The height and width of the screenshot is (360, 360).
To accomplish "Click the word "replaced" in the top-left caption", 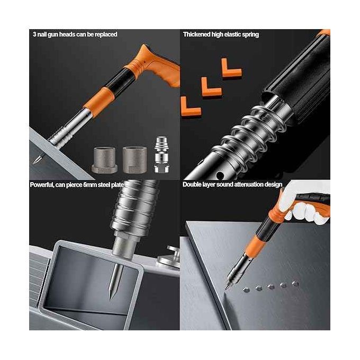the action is [106, 34].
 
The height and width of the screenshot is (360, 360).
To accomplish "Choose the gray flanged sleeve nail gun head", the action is [105, 160].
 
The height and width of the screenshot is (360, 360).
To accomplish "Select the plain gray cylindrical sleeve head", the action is [134, 159].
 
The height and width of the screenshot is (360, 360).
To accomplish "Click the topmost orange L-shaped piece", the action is [231, 68].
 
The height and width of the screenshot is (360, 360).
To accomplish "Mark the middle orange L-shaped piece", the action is [211, 87].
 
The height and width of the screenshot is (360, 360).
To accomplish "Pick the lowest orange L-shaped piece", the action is [191, 106].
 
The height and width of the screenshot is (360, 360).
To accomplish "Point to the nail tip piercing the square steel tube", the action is [112, 298].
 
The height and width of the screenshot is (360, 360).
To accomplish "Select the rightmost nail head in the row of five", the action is [295, 284].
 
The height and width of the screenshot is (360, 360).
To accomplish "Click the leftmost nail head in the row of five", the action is [246, 290].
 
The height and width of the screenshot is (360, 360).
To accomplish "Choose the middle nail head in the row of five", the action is [271, 286].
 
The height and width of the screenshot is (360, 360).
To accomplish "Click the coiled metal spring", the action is [250, 136].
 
